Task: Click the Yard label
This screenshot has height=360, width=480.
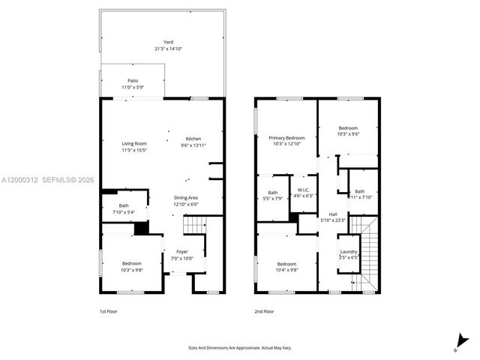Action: pos(163,42)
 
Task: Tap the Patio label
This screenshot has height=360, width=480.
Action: pos(133,80)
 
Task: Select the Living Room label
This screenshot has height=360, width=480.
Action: pos(135,143)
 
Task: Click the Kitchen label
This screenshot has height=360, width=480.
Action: pos(193,139)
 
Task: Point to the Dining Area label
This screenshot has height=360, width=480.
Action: pos(185,197)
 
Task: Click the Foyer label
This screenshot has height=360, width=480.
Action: pos(182,251)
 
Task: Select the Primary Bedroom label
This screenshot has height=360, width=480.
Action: pos(286,138)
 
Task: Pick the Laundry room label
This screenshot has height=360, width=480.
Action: pos(349,251)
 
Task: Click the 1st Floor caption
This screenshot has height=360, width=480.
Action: pos(109,311)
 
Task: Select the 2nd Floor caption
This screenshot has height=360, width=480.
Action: pos(263,311)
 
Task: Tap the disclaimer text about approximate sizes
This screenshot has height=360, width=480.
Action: pos(240,347)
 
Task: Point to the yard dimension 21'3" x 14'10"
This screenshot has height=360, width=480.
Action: pos(163,49)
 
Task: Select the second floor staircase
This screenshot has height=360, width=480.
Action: pos(367,251)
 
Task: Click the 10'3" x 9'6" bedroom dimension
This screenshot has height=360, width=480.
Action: pos(348,133)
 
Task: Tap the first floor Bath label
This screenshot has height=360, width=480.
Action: pos(124,206)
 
